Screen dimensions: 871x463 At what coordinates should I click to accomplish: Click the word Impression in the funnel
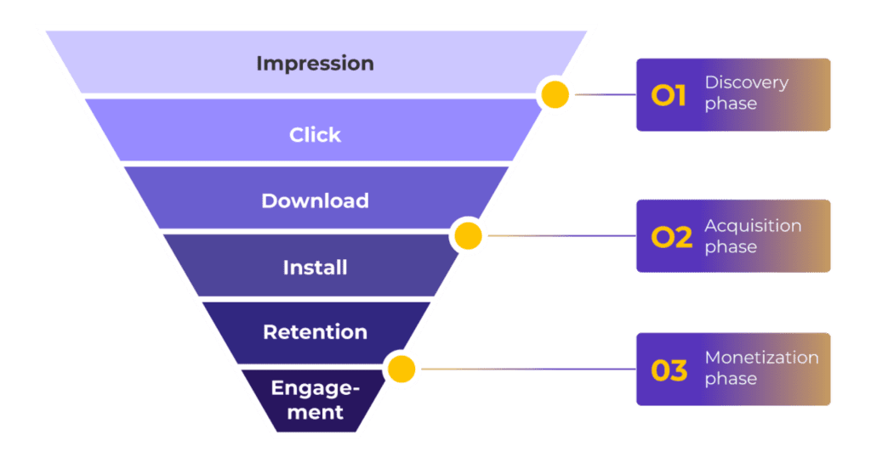point(315,64)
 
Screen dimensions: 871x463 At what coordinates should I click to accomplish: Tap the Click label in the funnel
point(315,135)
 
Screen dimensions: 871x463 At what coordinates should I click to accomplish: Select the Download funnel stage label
point(315,200)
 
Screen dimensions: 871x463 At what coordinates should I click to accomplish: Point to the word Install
point(315,268)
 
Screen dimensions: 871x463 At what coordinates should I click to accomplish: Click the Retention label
point(315,332)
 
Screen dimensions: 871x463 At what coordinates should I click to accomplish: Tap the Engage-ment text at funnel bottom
point(315,400)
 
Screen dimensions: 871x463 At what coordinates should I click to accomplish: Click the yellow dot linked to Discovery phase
point(555,94)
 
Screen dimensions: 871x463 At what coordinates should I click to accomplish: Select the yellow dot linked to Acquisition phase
point(469,235)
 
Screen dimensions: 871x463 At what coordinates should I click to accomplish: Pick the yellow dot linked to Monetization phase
point(401,369)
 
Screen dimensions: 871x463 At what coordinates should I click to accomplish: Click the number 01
point(669,95)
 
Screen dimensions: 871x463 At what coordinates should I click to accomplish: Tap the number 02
point(672,237)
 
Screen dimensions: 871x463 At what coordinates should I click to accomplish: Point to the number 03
point(669,370)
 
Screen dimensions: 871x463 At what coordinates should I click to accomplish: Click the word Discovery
point(747,83)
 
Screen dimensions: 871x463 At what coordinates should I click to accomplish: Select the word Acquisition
point(754,226)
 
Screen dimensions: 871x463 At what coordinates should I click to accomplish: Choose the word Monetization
point(761,358)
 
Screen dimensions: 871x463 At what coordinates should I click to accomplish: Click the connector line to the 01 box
point(606,95)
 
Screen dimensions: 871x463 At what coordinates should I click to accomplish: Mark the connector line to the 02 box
point(562,235)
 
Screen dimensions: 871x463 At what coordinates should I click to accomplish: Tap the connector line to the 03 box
point(529,369)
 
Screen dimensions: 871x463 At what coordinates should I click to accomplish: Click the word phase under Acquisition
point(731,247)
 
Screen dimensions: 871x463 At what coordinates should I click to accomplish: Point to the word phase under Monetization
point(731,379)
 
